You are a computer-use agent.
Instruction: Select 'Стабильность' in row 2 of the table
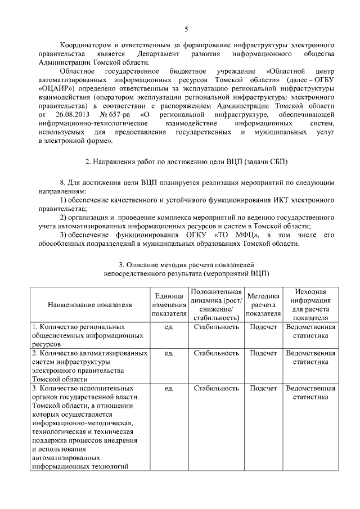(x=216, y=353)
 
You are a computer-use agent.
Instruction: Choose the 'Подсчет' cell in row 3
(x=263, y=388)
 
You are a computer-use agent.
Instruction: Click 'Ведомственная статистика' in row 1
(x=310, y=331)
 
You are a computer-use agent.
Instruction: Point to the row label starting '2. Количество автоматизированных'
(x=90, y=353)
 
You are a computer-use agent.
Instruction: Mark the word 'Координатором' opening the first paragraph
(x=85, y=44)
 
